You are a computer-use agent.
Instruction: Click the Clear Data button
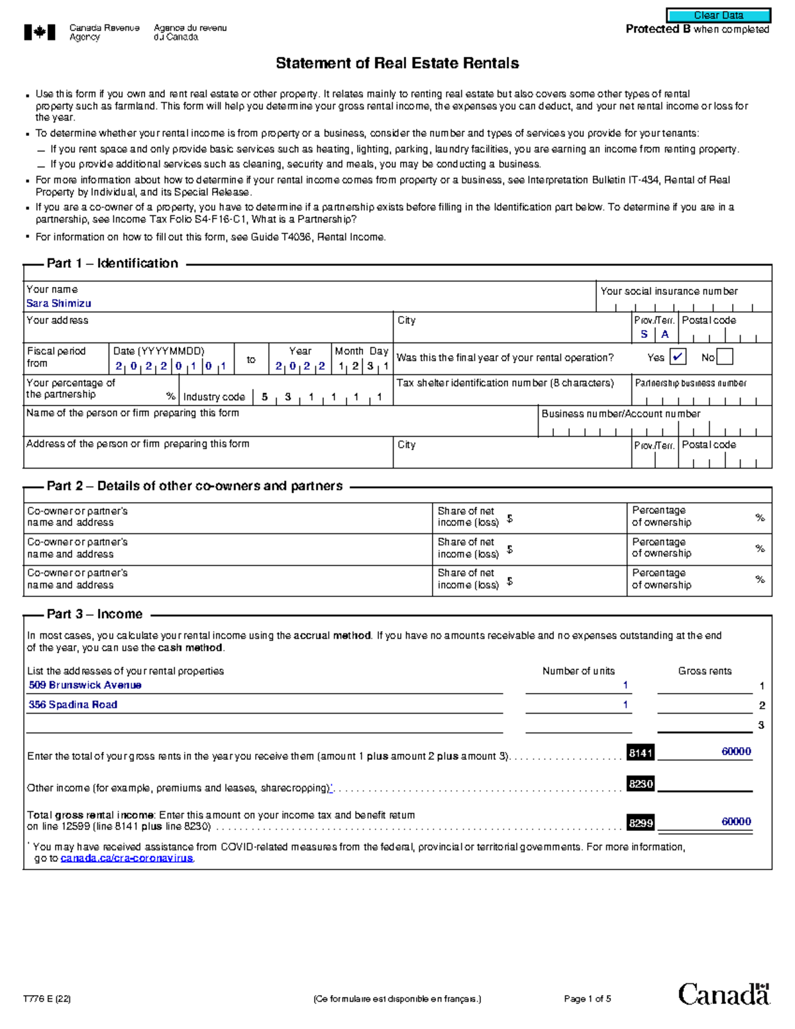tap(718, 15)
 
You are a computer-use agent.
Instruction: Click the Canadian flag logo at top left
tap(40, 32)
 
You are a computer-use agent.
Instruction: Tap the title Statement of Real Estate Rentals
tap(397, 64)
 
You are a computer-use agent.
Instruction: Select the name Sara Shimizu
tap(58, 303)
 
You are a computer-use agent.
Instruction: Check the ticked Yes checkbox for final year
tap(677, 357)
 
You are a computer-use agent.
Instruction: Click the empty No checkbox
tap(725, 357)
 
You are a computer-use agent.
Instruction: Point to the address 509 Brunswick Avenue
tap(85, 685)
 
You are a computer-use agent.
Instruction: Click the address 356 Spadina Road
tap(73, 705)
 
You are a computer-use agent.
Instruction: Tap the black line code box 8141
tap(641, 753)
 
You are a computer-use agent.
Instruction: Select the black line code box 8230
tap(641, 784)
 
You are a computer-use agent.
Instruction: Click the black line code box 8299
tap(641, 823)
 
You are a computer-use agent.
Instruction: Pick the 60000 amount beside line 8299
tap(736, 822)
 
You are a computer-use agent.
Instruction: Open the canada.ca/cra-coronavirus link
tap(127, 858)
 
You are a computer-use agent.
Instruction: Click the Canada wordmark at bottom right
tap(723, 994)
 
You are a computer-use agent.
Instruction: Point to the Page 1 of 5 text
tap(587, 999)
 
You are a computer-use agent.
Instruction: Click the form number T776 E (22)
tap(46, 999)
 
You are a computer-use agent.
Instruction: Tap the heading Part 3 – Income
tap(94, 614)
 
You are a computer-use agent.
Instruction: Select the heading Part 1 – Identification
tap(112, 264)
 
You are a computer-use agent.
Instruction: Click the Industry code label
tap(214, 397)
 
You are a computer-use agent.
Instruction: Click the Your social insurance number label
tap(668, 292)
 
